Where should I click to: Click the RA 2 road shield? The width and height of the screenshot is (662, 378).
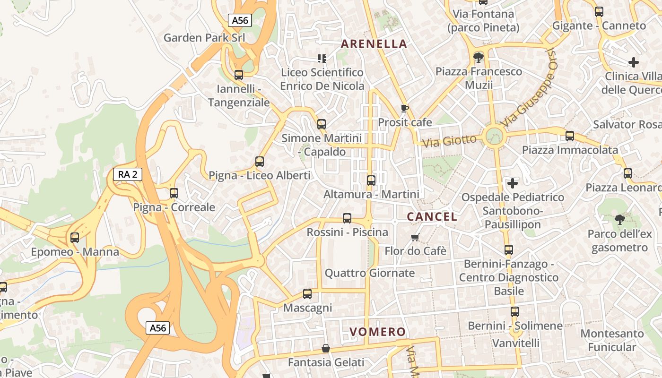tap(128, 174)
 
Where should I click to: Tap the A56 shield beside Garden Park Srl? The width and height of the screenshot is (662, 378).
tap(240, 20)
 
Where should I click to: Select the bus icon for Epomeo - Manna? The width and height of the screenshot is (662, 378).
tap(75, 238)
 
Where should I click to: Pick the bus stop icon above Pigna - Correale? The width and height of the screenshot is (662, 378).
tap(174, 193)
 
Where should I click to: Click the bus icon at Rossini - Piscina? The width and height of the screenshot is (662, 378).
tap(347, 218)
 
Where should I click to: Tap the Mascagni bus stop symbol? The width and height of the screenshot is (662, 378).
tap(307, 294)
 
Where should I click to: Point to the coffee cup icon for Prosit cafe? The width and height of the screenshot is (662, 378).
tap(404, 108)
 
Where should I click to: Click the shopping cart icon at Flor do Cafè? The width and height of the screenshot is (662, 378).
tap(415, 237)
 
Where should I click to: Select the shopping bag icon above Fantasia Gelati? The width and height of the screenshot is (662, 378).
tap(326, 349)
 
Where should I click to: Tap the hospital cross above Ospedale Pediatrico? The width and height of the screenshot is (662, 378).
tap(513, 183)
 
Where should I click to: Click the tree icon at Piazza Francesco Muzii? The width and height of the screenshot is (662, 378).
tap(479, 58)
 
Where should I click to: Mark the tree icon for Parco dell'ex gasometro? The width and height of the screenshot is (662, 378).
tap(619, 220)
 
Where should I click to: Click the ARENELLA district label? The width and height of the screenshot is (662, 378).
tap(374, 44)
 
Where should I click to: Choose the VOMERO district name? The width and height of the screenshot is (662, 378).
tap(378, 332)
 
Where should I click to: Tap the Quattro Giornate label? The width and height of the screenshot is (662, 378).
tap(370, 273)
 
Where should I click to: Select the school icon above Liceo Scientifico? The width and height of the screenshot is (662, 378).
tap(322, 59)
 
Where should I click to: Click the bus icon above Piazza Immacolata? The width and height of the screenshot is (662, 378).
tap(570, 136)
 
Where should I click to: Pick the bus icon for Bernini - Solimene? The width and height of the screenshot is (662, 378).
tap(515, 312)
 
